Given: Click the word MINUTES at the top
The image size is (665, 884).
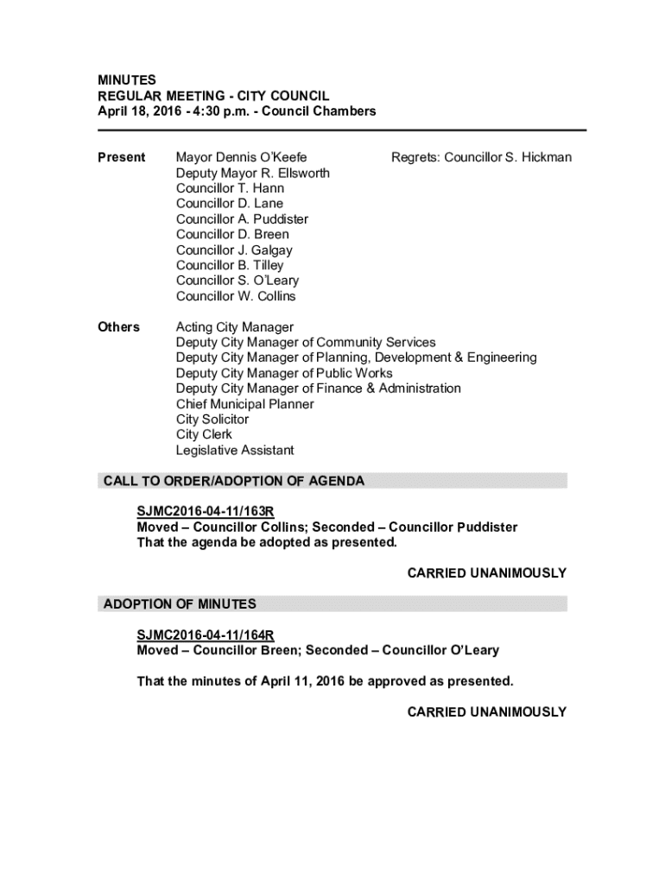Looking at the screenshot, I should pyautogui.click(x=126, y=80).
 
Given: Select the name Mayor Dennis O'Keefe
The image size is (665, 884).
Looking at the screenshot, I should pyautogui.click(x=241, y=157).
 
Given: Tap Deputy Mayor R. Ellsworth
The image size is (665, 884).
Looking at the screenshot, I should pyautogui.click(x=252, y=173).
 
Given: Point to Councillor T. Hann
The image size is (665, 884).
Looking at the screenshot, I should pyautogui.click(x=230, y=188).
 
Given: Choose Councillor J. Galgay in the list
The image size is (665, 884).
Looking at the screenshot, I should pyautogui.click(x=234, y=250).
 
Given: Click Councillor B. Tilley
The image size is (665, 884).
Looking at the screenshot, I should pyautogui.click(x=230, y=266).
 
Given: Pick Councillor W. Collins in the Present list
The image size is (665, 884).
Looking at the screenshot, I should pyautogui.click(x=236, y=297).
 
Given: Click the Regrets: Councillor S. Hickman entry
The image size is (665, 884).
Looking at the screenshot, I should pyautogui.click(x=481, y=157).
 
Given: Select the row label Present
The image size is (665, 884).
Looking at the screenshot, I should pyautogui.click(x=121, y=157).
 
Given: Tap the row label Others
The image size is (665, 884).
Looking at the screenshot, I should pyautogui.click(x=119, y=327).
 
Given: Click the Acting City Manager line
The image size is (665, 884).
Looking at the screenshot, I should pyautogui.click(x=235, y=327).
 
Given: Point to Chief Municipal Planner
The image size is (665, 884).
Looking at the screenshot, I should pyautogui.click(x=244, y=404).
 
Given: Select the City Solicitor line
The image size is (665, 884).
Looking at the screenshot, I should pyautogui.click(x=212, y=420).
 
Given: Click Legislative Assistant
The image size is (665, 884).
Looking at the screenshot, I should pyautogui.click(x=235, y=451).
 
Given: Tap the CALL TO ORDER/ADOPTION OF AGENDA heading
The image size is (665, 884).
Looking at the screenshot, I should pyautogui.click(x=234, y=481).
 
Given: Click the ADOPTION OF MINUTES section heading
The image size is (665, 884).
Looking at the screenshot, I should pyautogui.click(x=180, y=604).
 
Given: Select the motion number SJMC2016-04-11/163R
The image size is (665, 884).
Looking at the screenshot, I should pyautogui.click(x=206, y=512).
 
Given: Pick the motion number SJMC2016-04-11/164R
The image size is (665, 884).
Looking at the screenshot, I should pyautogui.click(x=206, y=635).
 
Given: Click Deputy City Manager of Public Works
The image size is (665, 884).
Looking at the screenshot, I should pyautogui.click(x=284, y=374).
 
